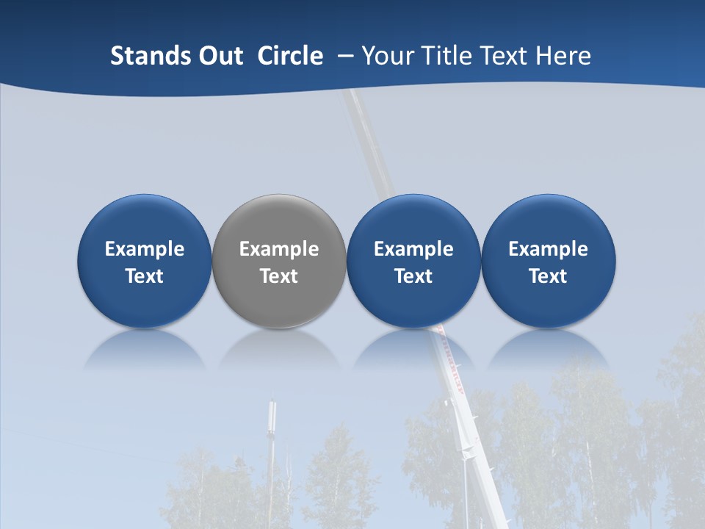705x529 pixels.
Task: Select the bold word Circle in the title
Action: [x=290, y=56]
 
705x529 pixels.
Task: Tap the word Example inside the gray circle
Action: [x=279, y=249]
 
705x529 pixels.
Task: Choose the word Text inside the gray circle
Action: [x=279, y=276]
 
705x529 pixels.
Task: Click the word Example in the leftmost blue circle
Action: [x=145, y=249]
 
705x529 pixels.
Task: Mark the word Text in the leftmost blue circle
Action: [x=145, y=276]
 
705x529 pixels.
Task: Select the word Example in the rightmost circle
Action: [x=548, y=249]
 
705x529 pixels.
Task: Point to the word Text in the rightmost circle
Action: [x=548, y=276]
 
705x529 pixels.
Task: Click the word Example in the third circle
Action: [x=413, y=249]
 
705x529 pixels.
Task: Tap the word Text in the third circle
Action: [x=413, y=276]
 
